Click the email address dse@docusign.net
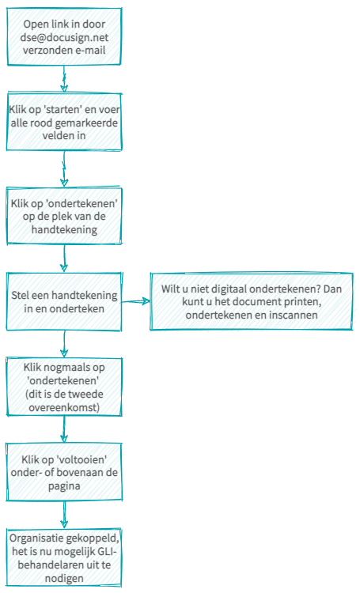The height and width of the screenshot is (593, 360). pyautogui.click(x=64, y=37)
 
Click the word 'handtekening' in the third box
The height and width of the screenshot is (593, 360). pyautogui.click(x=64, y=229)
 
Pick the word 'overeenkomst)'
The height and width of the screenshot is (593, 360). pyautogui.click(x=64, y=407)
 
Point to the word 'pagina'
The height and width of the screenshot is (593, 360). pyautogui.click(x=64, y=486)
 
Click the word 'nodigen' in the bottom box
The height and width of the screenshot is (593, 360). pyautogui.click(x=64, y=579)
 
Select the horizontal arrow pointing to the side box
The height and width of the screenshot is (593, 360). pyautogui.click(x=135, y=301)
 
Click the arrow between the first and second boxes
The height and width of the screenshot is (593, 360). pyautogui.click(x=64, y=79)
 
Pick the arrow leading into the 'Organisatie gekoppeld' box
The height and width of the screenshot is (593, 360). pyautogui.click(x=64, y=515)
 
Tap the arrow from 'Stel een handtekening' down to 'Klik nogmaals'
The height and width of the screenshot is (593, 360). pyautogui.click(x=64, y=344)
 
